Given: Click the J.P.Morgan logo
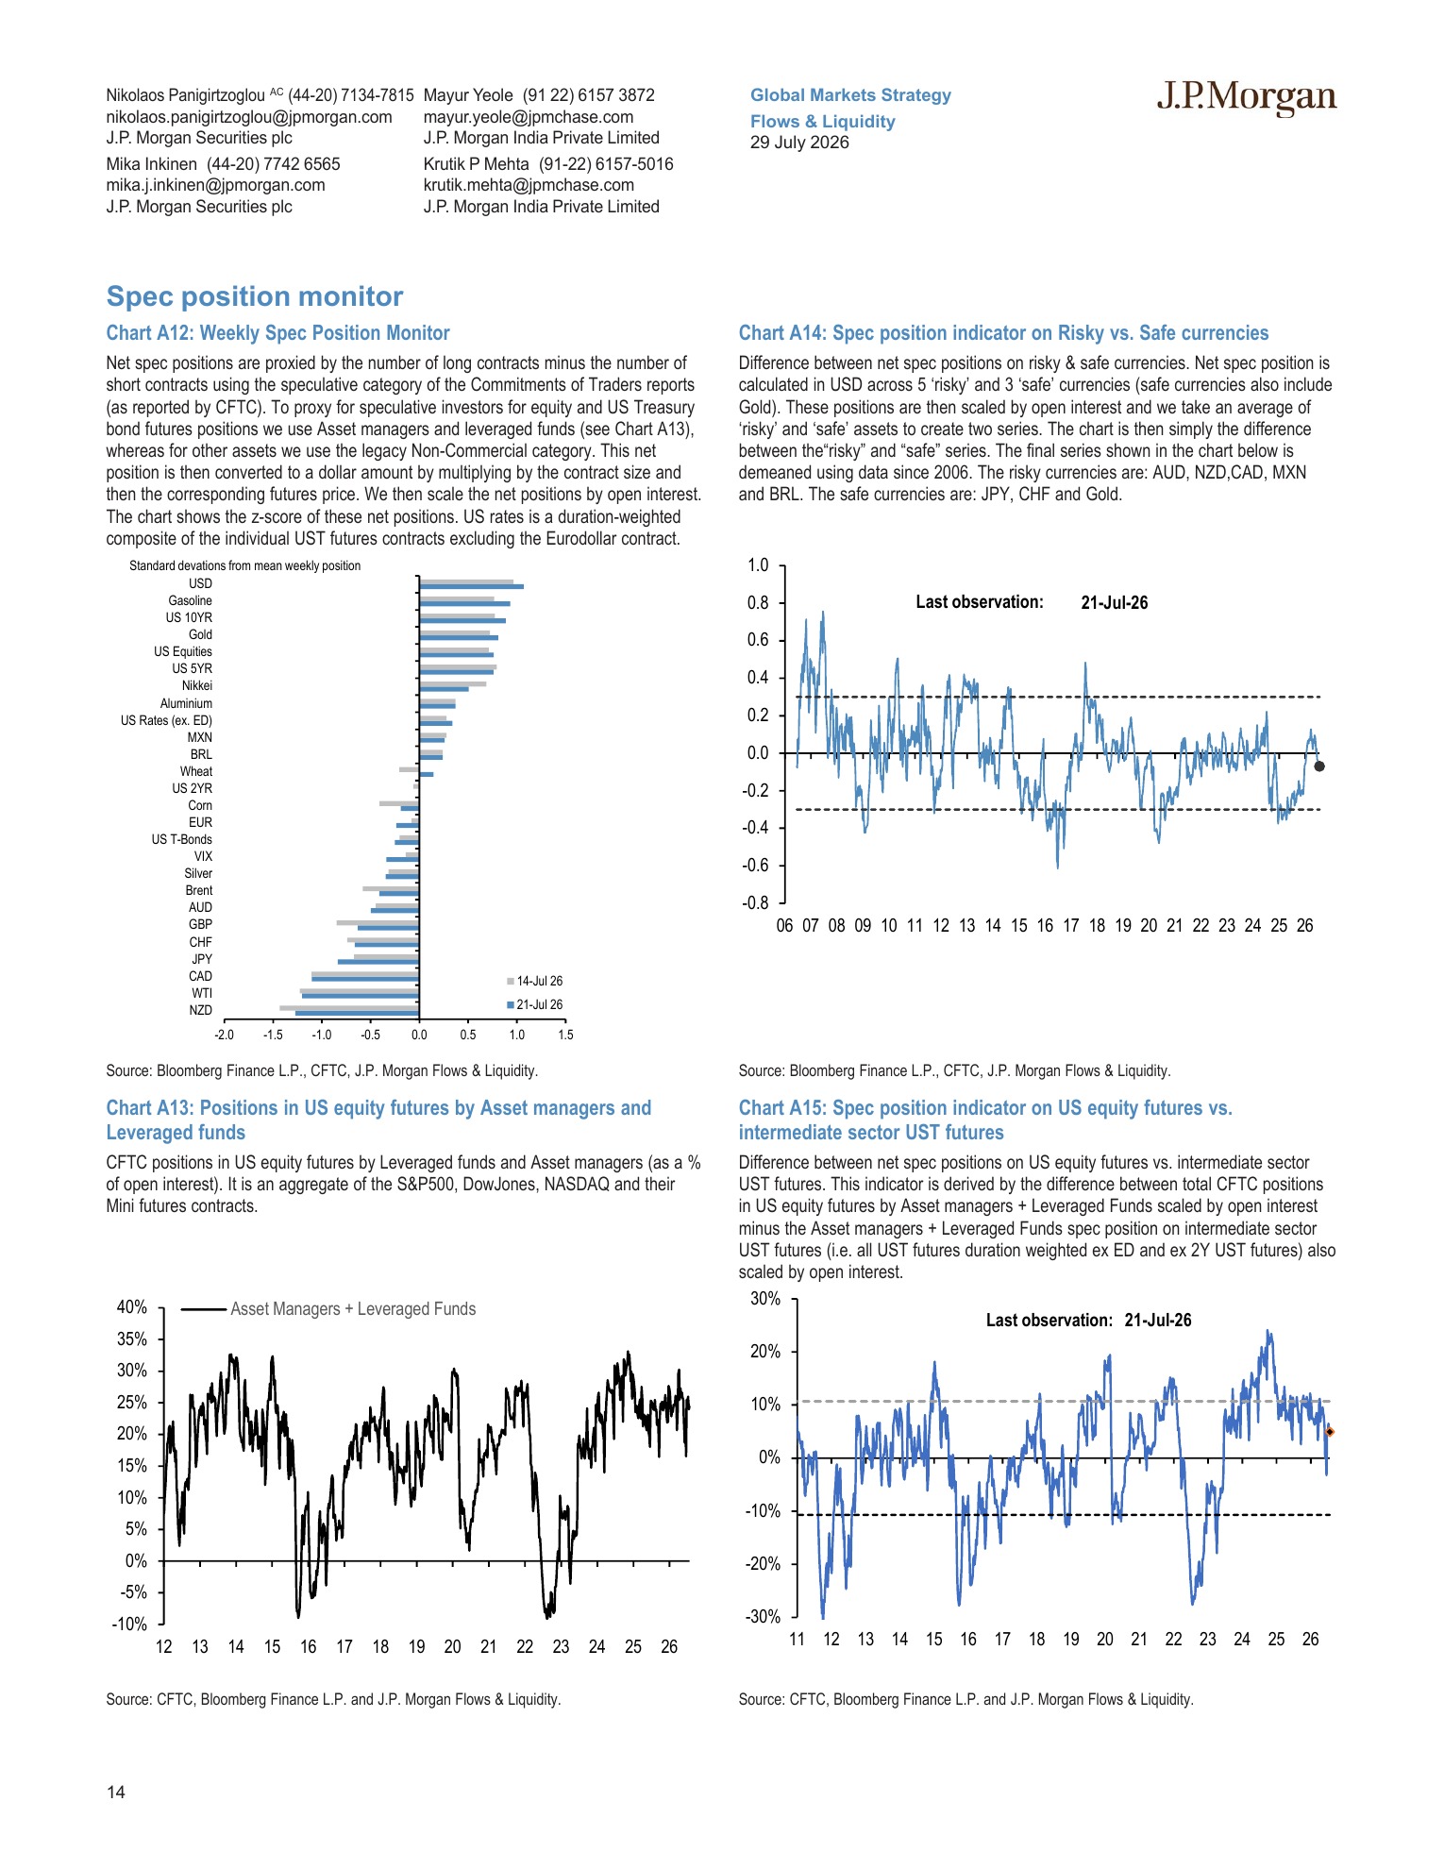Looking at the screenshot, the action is click(1247, 98).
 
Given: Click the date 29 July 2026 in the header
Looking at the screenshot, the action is click(799, 143).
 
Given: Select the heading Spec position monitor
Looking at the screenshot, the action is click(255, 296).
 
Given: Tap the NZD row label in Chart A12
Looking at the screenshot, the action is click(200, 1010).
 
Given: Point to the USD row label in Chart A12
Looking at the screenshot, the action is click(200, 583).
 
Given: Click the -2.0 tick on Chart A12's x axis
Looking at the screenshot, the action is click(224, 1035).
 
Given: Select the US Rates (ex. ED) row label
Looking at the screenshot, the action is click(166, 720).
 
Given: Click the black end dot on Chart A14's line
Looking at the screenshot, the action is click(1319, 766).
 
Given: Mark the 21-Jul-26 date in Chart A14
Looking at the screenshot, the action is click(1115, 602).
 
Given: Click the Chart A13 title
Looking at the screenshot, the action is click(378, 1120).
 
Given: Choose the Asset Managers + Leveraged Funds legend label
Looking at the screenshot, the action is click(353, 1309).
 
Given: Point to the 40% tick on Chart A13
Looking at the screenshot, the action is click(132, 1307).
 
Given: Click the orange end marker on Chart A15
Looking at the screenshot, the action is click(1330, 1432).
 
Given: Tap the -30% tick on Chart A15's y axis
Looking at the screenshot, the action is click(764, 1616).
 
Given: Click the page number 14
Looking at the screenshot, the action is click(115, 1793).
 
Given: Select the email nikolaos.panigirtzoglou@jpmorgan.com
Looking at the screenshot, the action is click(249, 117).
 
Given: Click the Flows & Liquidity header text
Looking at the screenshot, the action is click(823, 121).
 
